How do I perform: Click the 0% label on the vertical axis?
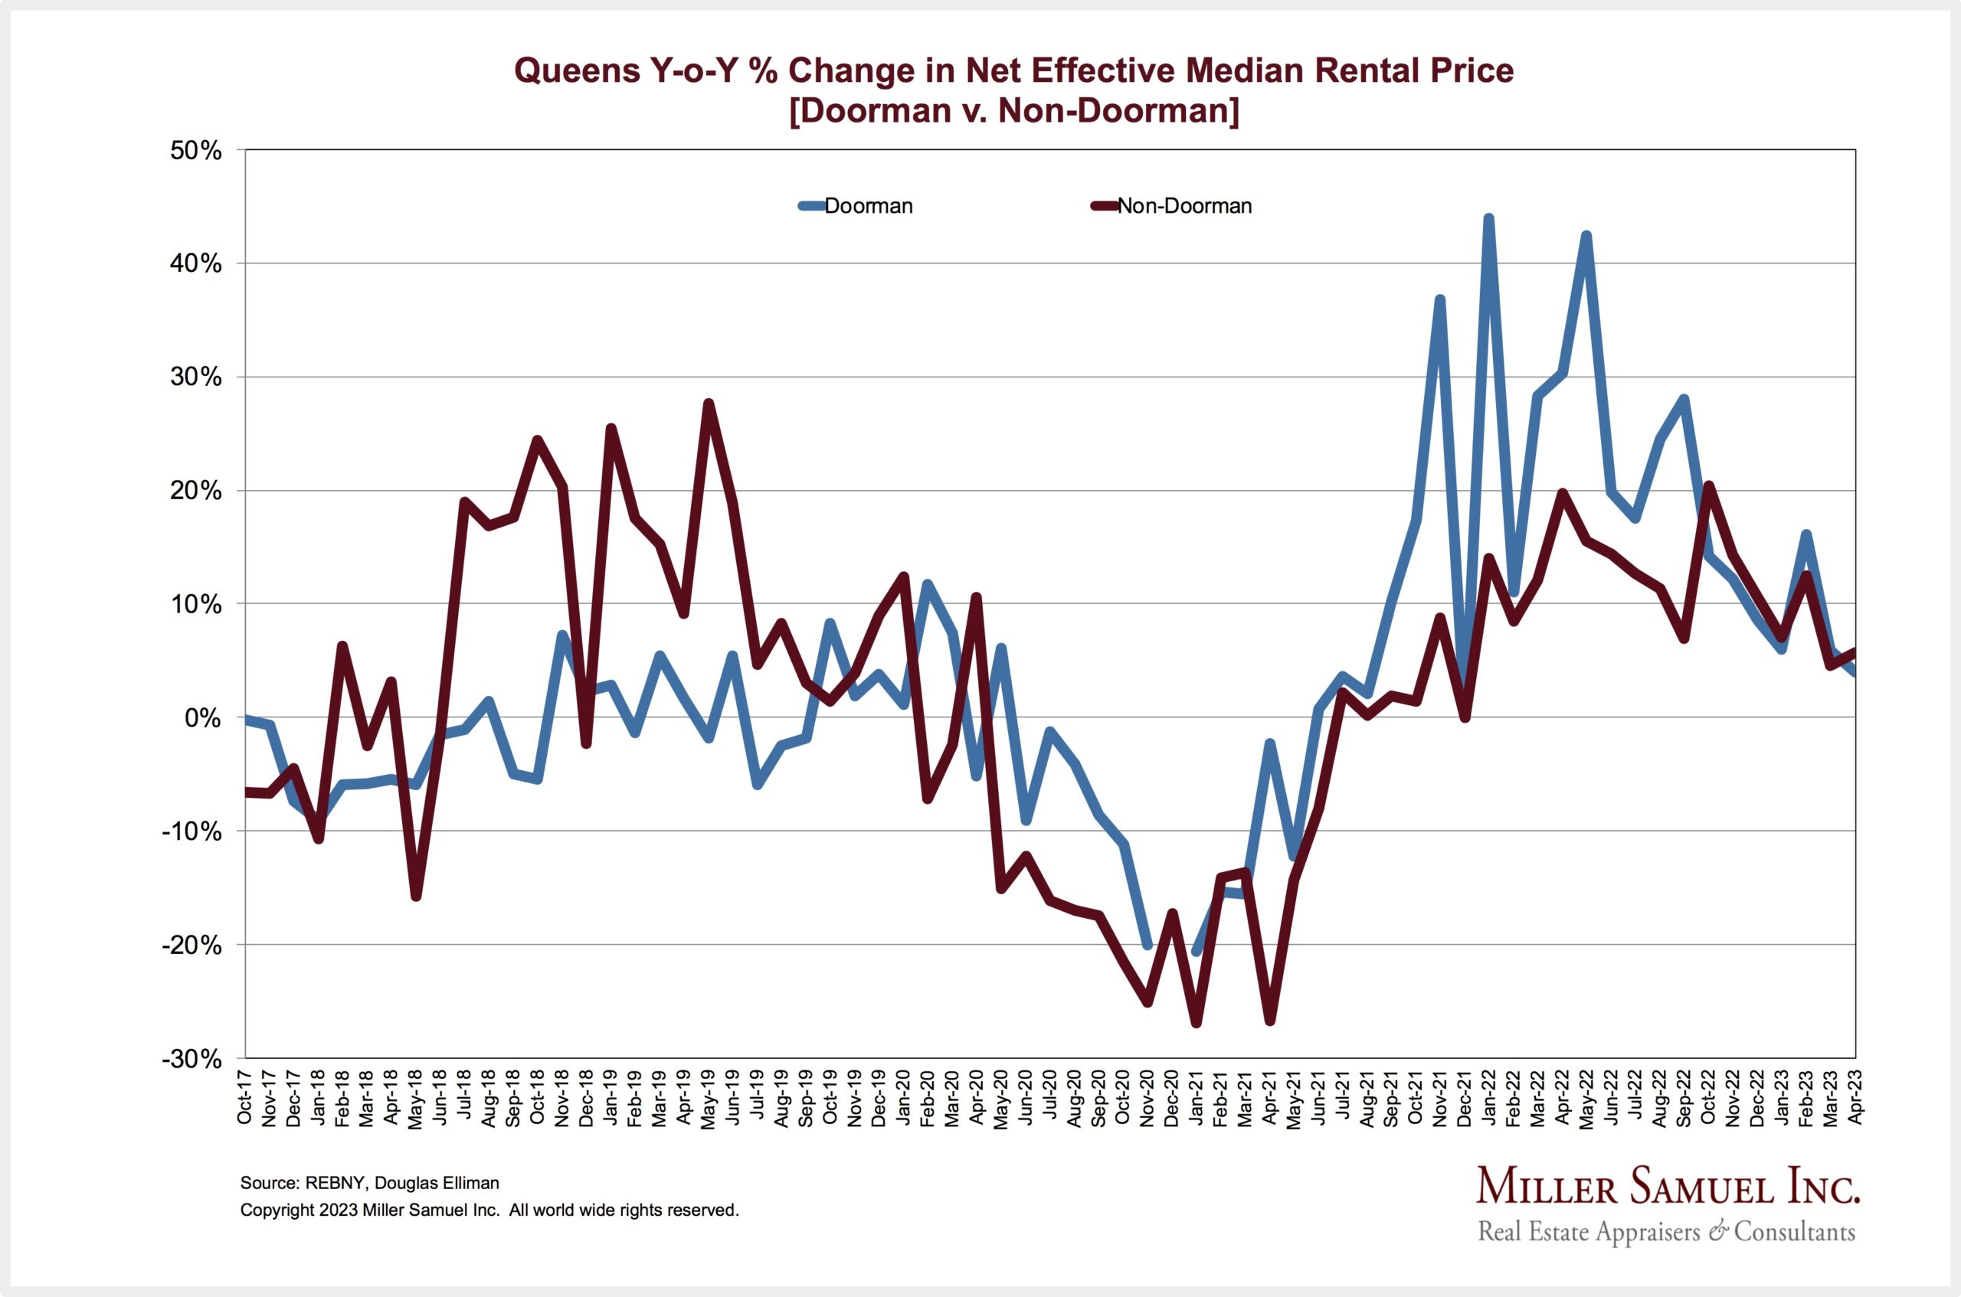[x=204, y=718]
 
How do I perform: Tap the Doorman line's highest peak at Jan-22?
[x=1488, y=219]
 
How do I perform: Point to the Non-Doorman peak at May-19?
[x=709, y=403]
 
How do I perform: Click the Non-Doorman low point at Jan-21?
[x=1197, y=1023]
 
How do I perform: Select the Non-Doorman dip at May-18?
[x=416, y=897]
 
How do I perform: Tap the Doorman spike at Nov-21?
[x=1441, y=299]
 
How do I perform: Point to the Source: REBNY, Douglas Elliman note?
[x=370, y=1183]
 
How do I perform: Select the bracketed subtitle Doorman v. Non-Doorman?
[x=1013, y=110]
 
